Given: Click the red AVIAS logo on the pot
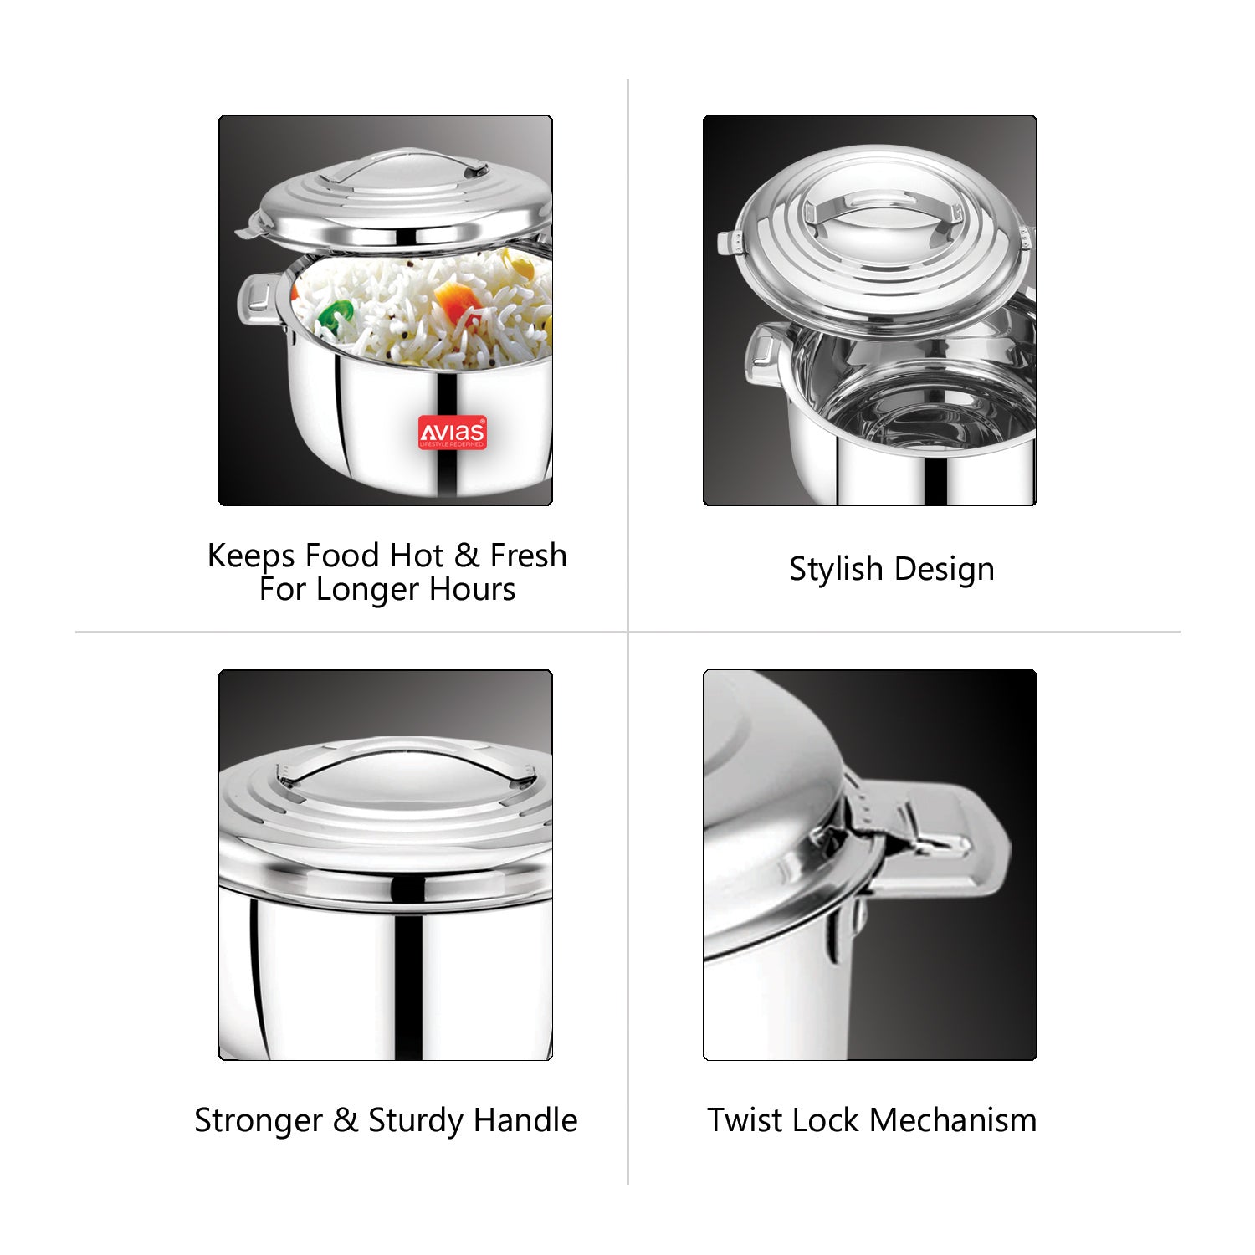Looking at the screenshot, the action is click(x=452, y=433).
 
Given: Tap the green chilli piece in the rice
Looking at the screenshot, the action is click(x=336, y=316).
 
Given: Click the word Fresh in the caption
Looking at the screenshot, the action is click(x=528, y=555).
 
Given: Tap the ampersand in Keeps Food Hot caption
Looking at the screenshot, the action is click(x=467, y=556).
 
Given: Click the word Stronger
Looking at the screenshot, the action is click(x=259, y=1121).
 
